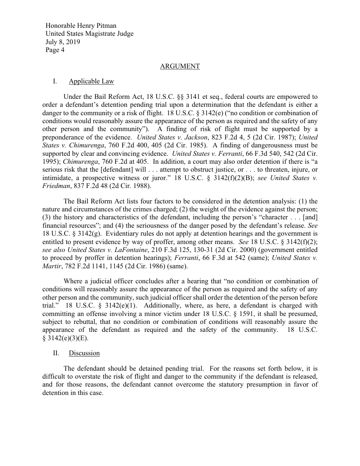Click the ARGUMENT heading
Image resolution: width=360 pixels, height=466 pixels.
180,66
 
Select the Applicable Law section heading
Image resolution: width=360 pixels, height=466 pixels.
91,81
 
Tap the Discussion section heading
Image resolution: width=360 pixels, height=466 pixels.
84,353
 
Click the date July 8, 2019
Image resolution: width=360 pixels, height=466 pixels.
63,42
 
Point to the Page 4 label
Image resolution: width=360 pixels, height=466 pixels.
55,50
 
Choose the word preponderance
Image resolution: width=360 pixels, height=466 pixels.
64,137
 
